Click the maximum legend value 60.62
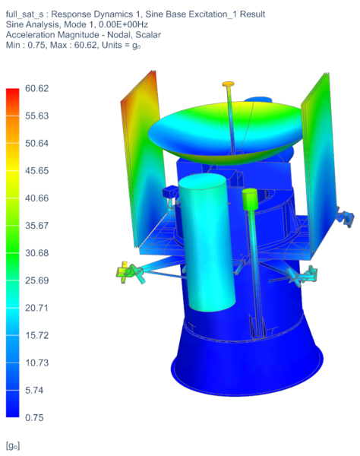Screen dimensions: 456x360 tap(36, 89)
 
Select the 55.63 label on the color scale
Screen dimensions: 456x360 tap(36, 116)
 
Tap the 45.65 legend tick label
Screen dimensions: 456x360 tap(36, 171)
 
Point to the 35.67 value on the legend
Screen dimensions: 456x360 tap(36, 226)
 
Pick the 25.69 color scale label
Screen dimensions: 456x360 tap(36, 280)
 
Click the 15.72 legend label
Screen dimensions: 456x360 tap(36, 335)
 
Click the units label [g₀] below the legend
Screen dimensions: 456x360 tap(12, 443)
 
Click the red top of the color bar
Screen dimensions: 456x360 tap(12, 93)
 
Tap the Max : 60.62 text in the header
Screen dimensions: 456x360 tap(90, 46)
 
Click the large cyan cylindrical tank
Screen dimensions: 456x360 tap(207, 243)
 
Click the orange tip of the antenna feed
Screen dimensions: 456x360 tap(229, 84)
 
